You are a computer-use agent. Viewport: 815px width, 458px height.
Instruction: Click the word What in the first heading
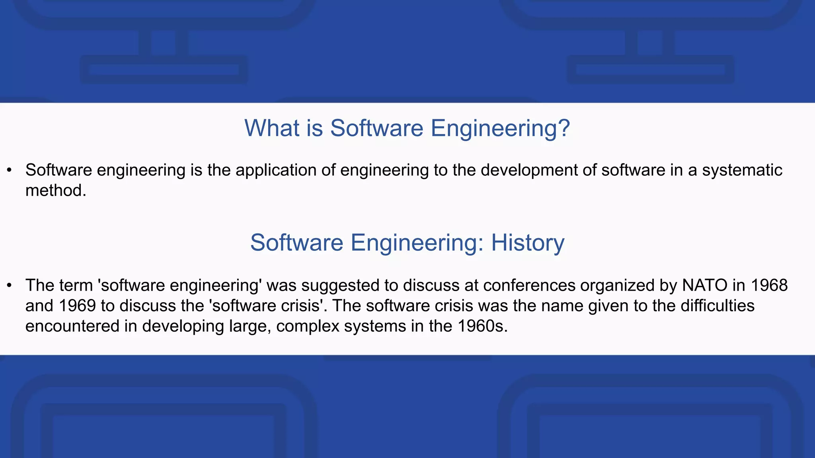[x=272, y=128]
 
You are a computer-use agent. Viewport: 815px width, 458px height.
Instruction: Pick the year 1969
[x=77, y=306]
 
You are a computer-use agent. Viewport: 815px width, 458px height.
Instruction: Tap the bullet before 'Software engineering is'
[x=10, y=171]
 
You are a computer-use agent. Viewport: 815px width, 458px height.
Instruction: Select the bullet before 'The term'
[x=10, y=285]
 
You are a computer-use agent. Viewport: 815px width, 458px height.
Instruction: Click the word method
[x=55, y=190]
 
